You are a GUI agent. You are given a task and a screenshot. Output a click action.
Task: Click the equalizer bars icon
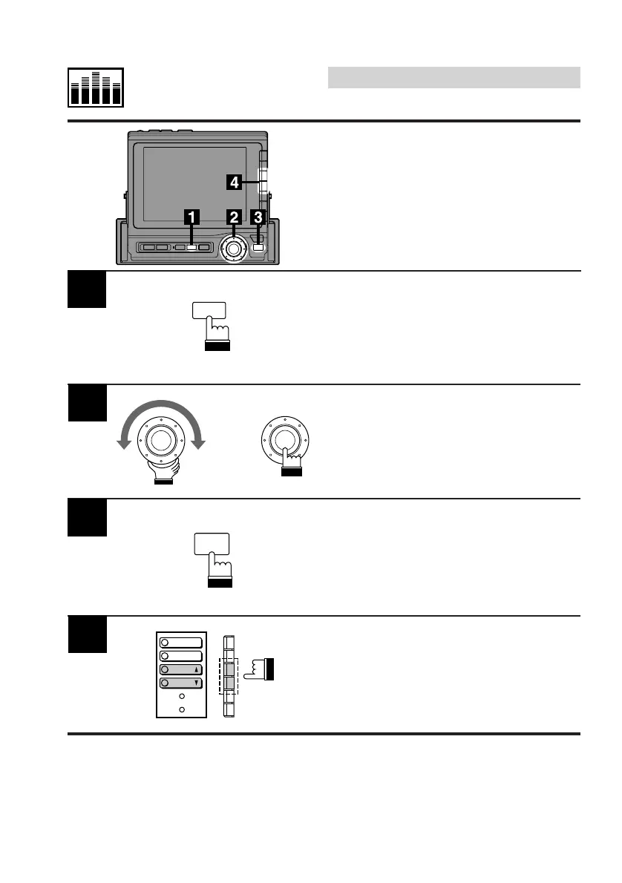96,87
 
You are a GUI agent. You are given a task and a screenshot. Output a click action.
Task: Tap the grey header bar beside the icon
454,77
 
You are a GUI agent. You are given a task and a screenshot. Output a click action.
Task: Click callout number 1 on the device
191,217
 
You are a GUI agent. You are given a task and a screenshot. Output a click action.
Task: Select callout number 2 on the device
234,217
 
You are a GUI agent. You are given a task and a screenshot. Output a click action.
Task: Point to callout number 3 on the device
258,217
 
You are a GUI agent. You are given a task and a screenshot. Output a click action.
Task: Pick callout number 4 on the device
234,180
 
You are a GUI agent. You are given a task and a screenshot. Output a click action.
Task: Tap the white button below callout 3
258,247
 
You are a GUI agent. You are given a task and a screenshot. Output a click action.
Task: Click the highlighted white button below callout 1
191,247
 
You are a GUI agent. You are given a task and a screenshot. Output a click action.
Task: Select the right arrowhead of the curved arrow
198,443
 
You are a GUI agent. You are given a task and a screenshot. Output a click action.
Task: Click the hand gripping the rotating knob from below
163,469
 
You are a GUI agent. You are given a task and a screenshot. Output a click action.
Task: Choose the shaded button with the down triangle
181,683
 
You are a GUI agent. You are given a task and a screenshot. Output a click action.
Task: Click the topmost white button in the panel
181,643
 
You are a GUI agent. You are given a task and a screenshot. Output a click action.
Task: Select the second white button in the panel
181,656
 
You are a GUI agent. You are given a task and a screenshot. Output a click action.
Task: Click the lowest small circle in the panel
181,710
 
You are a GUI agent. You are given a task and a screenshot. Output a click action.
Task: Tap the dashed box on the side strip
229,675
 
